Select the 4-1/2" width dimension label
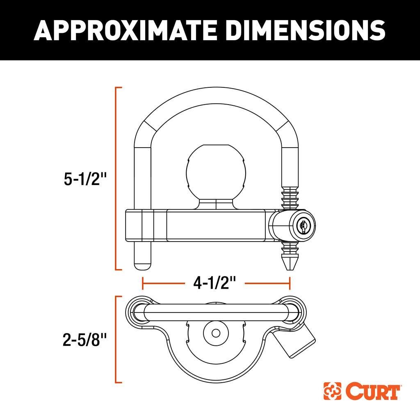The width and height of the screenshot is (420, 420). [x=216, y=283]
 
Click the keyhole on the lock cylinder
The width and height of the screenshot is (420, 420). [x=303, y=225]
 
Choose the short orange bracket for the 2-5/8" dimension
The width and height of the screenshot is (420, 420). [x=117, y=339]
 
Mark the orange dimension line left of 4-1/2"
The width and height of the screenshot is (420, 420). [x=162, y=283]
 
